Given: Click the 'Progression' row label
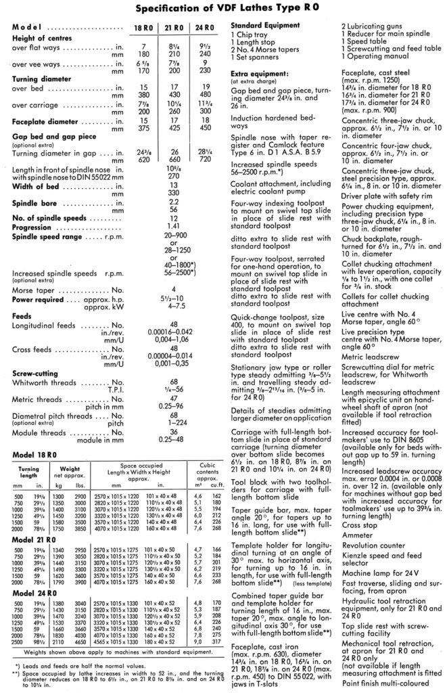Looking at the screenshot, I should (x=31, y=228).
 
